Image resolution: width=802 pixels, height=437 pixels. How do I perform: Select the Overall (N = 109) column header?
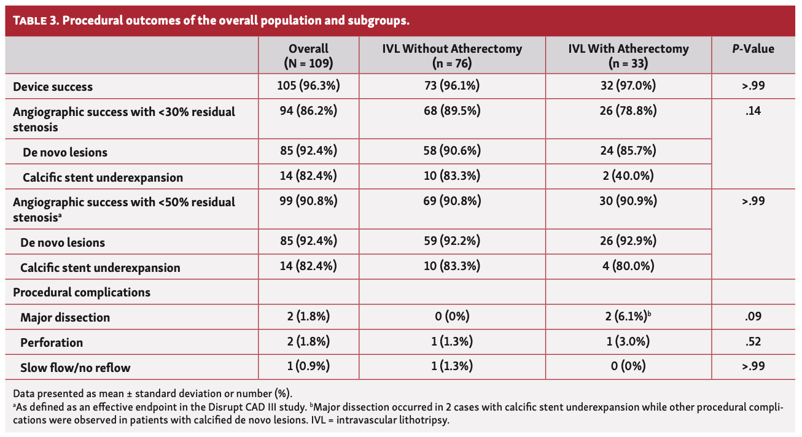click(x=308, y=56)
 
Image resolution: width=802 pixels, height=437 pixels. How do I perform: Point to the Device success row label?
click(x=53, y=87)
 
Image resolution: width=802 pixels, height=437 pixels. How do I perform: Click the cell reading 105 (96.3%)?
click(x=308, y=87)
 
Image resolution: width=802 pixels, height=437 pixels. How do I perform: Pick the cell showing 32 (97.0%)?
click(x=628, y=87)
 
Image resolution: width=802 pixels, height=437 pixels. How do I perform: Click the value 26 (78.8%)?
click(x=628, y=112)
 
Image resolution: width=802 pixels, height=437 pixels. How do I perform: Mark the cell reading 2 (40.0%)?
click(x=628, y=177)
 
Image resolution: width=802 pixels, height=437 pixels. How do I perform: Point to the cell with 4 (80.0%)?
click(x=628, y=267)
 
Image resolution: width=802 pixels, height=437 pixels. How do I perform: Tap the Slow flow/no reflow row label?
click(x=75, y=368)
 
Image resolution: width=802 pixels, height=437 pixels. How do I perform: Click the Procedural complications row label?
click(x=82, y=292)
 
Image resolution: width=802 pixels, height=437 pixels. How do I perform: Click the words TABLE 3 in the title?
click(x=35, y=21)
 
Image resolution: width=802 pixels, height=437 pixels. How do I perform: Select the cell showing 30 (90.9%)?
click(x=628, y=201)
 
